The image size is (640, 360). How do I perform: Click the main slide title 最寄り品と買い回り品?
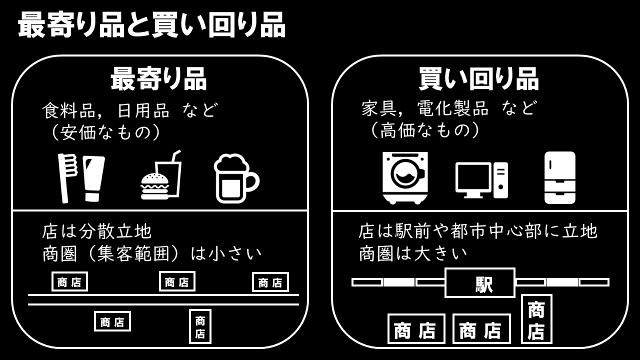(x=151, y=25)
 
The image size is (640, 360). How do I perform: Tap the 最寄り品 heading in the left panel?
(x=158, y=79)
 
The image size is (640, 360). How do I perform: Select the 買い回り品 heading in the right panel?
(x=478, y=79)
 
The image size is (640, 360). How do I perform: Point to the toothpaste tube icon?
(x=93, y=178)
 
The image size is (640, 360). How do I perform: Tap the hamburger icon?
(x=154, y=186)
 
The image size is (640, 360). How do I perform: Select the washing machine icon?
(x=405, y=177)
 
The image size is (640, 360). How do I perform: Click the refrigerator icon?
(x=559, y=177)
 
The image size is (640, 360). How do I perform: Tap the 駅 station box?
(x=480, y=283)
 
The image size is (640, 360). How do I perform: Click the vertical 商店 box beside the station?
(x=536, y=319)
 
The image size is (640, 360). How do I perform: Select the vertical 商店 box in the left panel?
(x=200, y=326)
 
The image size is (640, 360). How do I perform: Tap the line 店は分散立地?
(x=97, y=231)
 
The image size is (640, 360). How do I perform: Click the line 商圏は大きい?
(x=413, y=253)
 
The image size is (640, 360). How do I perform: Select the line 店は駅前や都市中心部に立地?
(x=478, y=231)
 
